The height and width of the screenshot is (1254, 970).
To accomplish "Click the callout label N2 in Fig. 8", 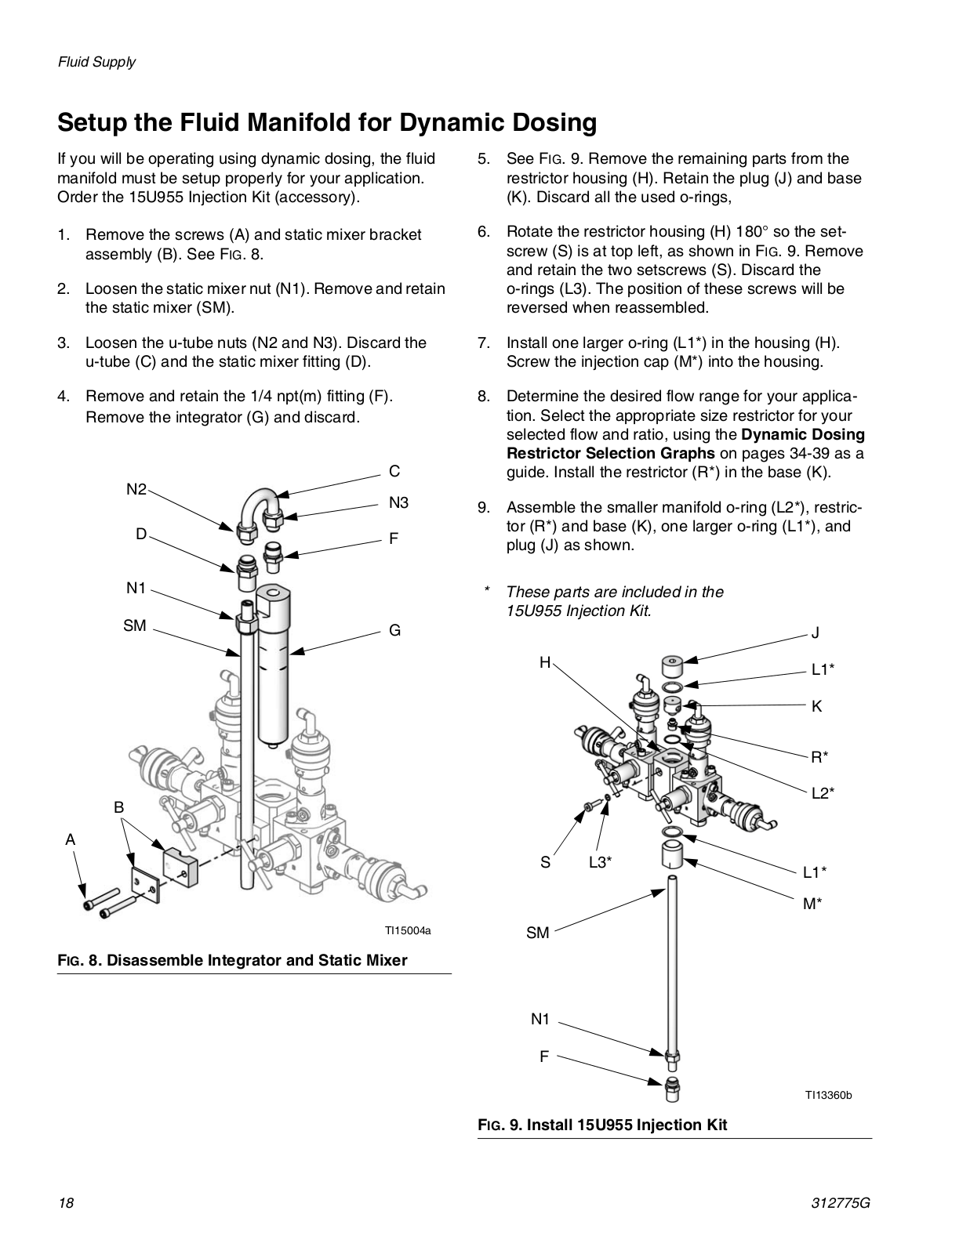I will pyautogui.click(x=136, y=490).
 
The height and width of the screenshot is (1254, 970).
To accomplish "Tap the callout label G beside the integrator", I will pyautogui.click(x=394, y=630).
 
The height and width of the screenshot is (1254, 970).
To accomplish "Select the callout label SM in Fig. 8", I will pyautogui.click(x=135, y=625).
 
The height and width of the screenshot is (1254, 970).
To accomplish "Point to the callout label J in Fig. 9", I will pyautogui.click(x=816, y=632).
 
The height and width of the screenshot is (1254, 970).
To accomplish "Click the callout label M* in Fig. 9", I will pyautogui.click(x=812, y=904).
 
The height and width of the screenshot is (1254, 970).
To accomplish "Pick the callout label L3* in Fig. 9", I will pyautogui.click(x=601, y=862).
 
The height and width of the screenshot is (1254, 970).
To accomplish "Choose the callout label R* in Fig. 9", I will pyautogui.click(x=820, y=757).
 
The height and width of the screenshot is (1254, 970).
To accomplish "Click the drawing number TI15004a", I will pyautogui.click(x=408, y=931).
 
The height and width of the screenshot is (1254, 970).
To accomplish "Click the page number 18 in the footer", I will pyautogui.click(x=65, y=1204).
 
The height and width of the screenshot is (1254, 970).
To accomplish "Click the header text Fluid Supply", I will pyautogui.click(x=96, y=62).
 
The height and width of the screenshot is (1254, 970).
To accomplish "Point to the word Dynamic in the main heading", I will pyautogui.click(x=454, y=123).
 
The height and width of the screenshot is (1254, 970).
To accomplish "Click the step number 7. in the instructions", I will pyautogui.click(x=484, y=342).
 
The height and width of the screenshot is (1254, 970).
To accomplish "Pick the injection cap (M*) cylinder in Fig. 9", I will pyautogui.click(x=673, y=852).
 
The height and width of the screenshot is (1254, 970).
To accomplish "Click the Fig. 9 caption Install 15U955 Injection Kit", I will pyautogui.click(x=603, y=1125).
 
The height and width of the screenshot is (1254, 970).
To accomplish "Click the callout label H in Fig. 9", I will pyautogui.click(x=545, y=662).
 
